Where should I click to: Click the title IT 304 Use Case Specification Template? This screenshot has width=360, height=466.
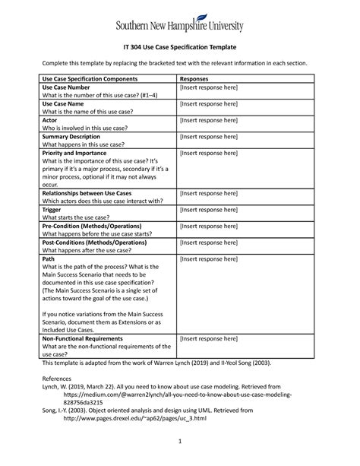[x=179, y=48]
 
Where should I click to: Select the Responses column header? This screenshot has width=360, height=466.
[x=196, y=78]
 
